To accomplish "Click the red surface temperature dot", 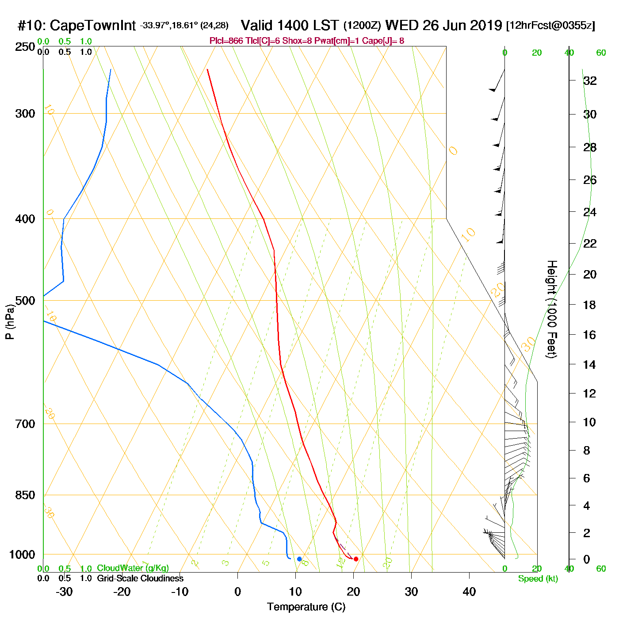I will tap(356, 559).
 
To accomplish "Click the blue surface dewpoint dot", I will tap(299, 559).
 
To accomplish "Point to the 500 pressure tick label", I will tap(25, 301).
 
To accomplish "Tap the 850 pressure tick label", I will tap(25, 495).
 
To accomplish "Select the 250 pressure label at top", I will tap(25, 47).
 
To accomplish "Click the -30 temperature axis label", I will tap(64, 592).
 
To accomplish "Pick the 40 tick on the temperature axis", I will tap(469, 592).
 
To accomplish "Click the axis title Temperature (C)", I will tap(306, 607).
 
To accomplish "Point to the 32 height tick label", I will tap(590, 81).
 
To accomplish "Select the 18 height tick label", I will tap(589, 305).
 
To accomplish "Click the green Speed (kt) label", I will tap(538, 579).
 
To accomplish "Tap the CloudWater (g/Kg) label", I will tap(133, 568).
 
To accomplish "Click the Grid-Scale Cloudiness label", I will tap(140, 578).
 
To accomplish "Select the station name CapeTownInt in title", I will tap(92, 26).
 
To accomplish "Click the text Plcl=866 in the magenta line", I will tap(226, 41).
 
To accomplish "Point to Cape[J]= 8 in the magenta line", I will tap(385, 41).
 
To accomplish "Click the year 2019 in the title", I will tap(486, 25).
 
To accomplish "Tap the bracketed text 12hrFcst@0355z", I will tap(550, 26).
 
